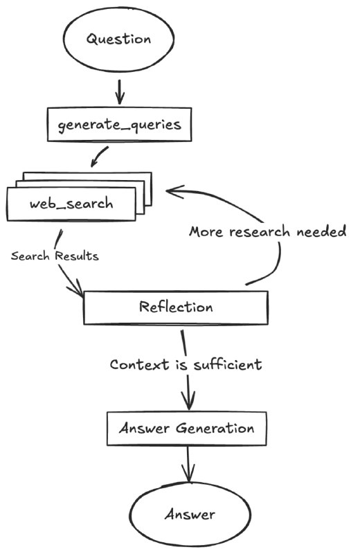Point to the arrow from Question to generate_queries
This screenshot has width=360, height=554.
(120, 92)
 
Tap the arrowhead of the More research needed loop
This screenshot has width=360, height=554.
(175, 191)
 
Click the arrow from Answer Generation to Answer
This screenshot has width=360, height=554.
(188, 464)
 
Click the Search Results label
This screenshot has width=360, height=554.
(55, 256)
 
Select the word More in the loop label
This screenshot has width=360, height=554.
(206, 232)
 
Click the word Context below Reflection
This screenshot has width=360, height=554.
(140, 364)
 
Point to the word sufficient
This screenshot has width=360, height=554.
(228, 364)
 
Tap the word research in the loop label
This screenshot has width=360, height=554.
(260, 232)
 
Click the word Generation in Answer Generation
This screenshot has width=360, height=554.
(215, 428)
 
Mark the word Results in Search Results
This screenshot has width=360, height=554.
(77, 256)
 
